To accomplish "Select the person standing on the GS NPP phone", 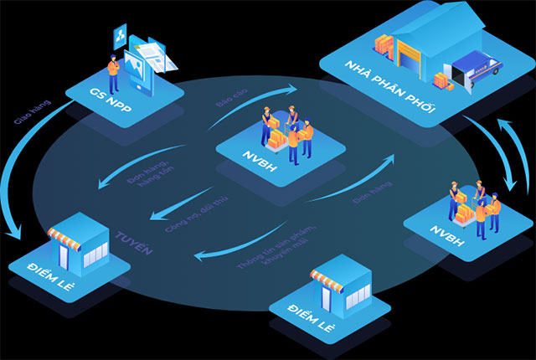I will [x=112, y=66].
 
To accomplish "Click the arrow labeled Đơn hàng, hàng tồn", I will [x=117, y=179].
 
